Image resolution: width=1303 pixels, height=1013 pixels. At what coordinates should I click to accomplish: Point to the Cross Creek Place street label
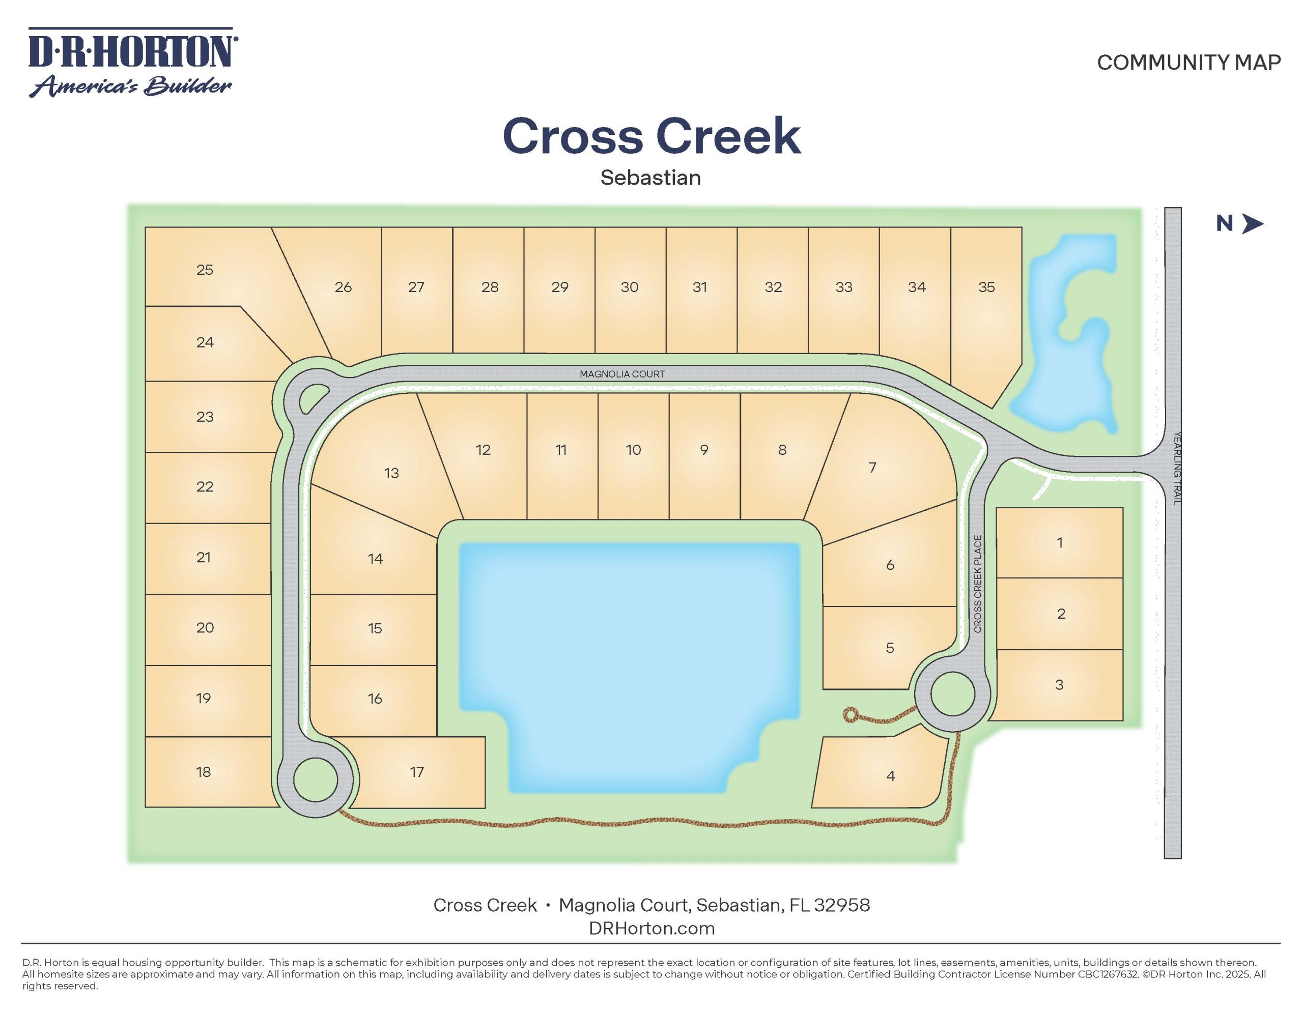pyautogui.click(x=977, y=584)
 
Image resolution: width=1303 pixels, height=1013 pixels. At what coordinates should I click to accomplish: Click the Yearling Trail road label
pyautogui.click(x=1177, y=469)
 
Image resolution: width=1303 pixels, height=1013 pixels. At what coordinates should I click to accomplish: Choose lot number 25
pyautogui.click(x=205, y=270)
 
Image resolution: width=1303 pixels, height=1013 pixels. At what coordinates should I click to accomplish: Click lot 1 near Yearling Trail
pyautogui.click(x=1060, y=542)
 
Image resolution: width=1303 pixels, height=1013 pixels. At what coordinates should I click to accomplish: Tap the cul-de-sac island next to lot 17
pyautogui.click(x=316, y=779)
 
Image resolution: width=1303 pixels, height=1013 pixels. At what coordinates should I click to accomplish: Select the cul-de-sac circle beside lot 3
pyautogui.click(x=953, y=694)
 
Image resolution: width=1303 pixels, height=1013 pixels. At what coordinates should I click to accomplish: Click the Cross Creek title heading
pyautogui.click(x=651, y=136)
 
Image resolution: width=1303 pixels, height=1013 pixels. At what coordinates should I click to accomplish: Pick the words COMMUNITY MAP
pyautogui.click(x=1188, y=62)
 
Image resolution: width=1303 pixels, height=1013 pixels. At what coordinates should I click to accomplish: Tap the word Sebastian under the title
pyautogui.click(x=650, y=178)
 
